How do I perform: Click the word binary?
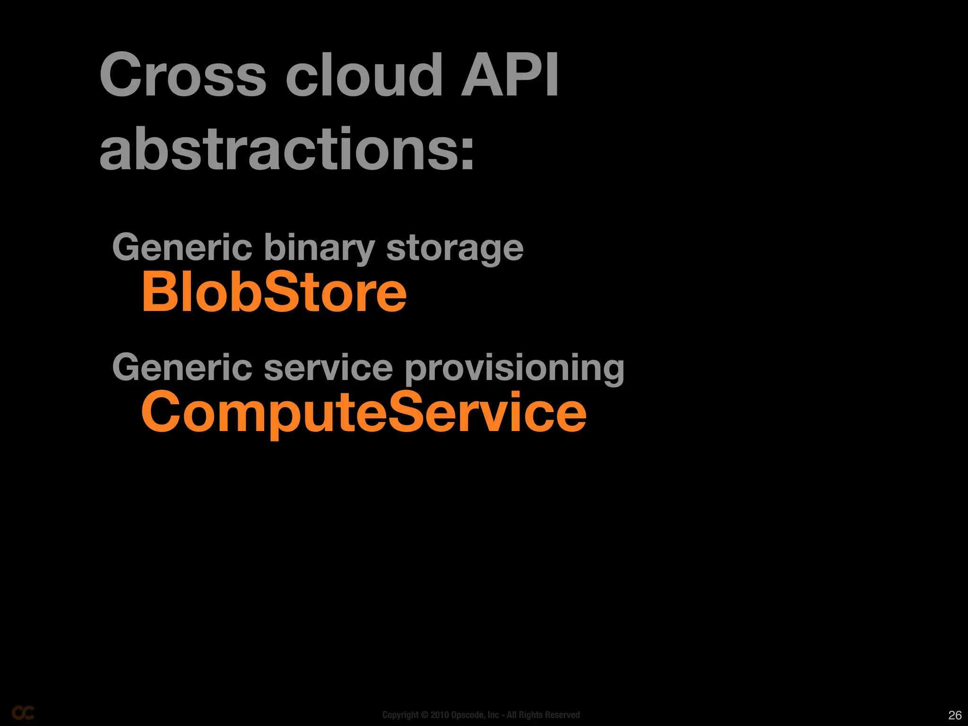319,249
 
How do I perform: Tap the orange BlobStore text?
274,293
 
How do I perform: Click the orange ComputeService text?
363,413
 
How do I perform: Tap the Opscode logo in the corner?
23,713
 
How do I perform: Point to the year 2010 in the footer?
439,715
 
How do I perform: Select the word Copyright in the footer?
400,715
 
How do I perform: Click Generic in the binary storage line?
182,248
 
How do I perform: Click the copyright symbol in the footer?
424,715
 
